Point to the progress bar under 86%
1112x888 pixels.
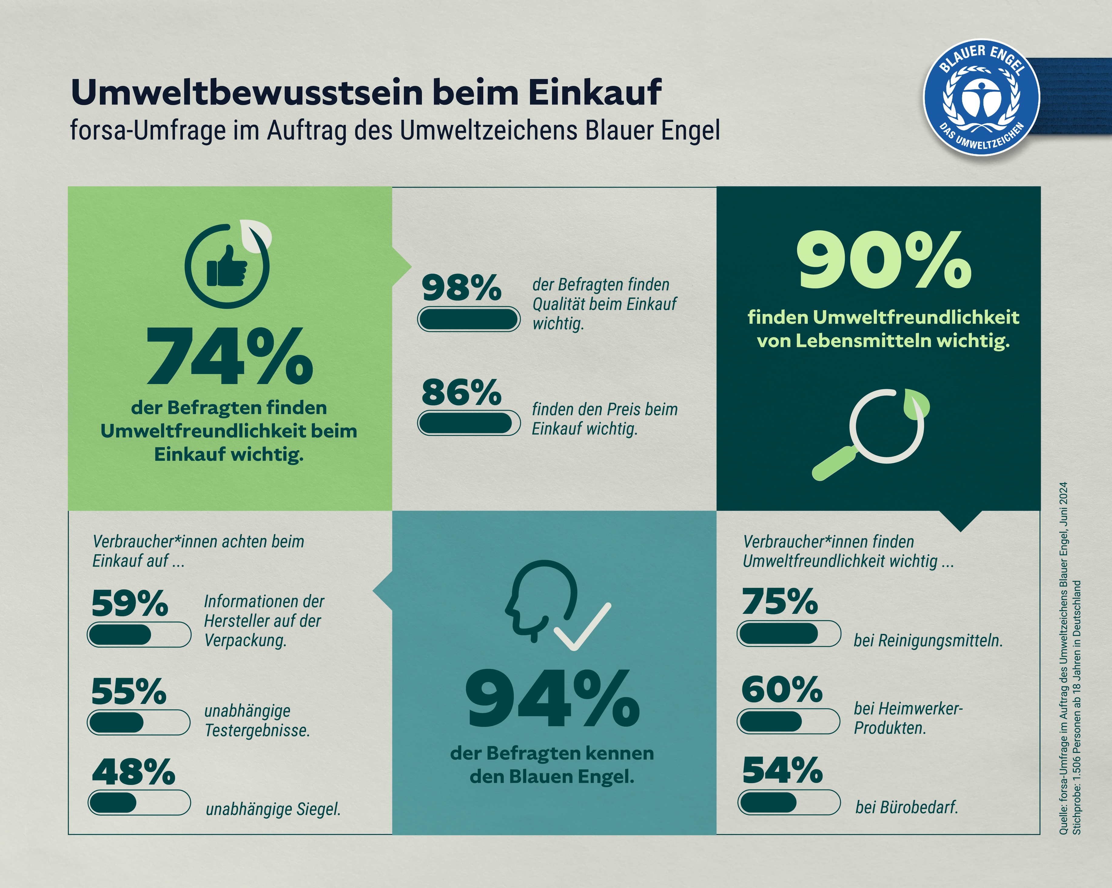click(x=468, y=423)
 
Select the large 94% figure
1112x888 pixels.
click(x=552, y=699)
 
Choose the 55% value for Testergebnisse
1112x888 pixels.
click(x=129, y=691)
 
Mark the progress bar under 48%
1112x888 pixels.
click(x=139, y=802)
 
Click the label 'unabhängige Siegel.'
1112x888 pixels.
click(x=273, y=809)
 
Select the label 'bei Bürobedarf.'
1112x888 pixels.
click(x=906, y=807)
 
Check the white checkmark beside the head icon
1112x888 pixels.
click(x=582, y=627)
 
